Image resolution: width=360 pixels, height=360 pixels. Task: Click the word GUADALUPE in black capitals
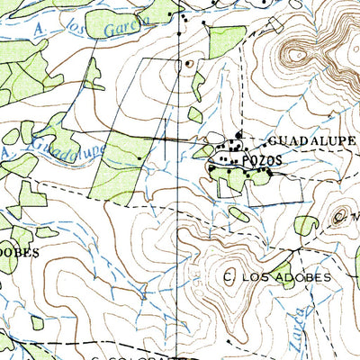[x=311, y=141]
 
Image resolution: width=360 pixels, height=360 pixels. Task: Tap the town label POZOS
[x=261, y=159]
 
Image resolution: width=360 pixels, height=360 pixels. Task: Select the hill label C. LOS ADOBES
[x=277, y=277]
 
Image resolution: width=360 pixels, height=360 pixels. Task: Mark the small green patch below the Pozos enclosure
[x=238, y=214]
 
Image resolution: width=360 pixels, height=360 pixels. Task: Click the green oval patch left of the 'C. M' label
[x=307, y=226]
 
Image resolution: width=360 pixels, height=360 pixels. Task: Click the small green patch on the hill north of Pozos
[x=195, y=115]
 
